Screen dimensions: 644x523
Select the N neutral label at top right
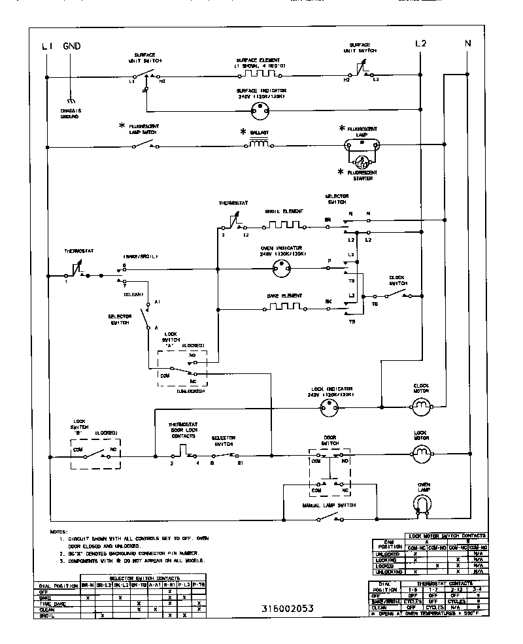[467, 43]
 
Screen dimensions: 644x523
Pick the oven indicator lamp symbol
[282, 267]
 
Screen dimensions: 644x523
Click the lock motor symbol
[420, 451]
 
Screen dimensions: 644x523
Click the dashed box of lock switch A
[181, 367]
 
